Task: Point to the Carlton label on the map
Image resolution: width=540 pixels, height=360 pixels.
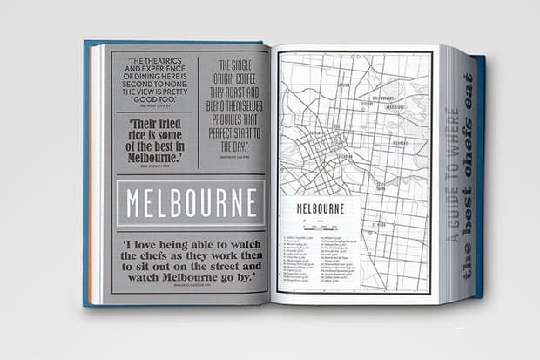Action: [x=343, y=85]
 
